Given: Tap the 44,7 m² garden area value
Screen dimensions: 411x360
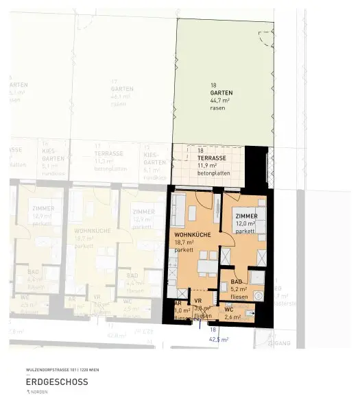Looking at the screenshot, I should [x=220, y=99].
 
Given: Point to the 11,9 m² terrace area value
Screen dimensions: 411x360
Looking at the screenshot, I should [x=206, y=165].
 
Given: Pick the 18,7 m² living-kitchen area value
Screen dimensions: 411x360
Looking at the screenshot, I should [x=184, y=242].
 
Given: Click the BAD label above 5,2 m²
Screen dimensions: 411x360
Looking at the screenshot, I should [x=236, y=282].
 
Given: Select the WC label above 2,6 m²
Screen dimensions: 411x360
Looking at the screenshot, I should [x=229, y=310].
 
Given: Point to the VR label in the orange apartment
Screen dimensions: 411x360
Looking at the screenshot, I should [x=198, y=301].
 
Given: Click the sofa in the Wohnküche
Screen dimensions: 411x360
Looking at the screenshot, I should [x=177, y=213].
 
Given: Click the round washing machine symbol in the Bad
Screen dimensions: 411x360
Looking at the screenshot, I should [x=259, y=295].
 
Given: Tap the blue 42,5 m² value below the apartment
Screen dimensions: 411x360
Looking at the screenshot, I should [x=218, y=338].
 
